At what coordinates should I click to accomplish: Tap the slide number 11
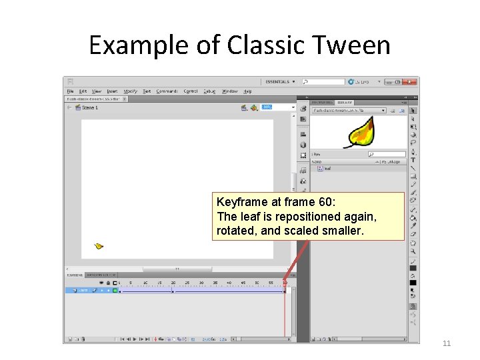(x=447, y=343)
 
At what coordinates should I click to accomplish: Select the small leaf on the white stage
(x=99, y=246)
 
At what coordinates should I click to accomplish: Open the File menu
(x=70, y=91)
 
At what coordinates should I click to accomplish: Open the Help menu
(x=247, y=91)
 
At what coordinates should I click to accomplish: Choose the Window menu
(x=229, y=91)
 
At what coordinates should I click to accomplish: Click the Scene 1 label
(x=89, y=107)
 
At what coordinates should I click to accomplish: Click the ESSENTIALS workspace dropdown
(x=280, y=82)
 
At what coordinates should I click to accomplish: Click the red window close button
(x=407, y=82)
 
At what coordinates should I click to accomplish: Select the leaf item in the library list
(x=328, y=169)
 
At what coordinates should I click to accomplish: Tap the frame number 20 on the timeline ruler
(x=173, y=283)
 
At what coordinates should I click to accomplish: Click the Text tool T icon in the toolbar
(x=413, y=160)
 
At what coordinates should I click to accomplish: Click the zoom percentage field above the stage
(x=267, y=107)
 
